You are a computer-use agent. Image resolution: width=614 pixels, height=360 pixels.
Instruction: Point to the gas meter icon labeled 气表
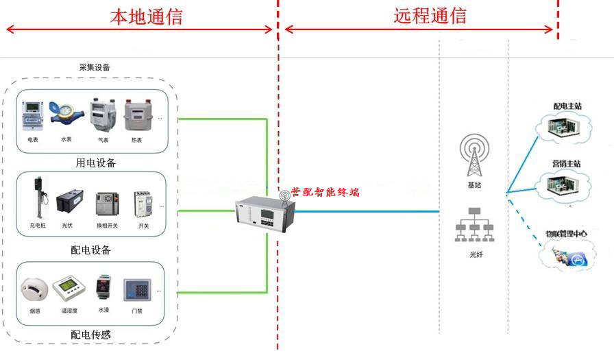pos(102,116)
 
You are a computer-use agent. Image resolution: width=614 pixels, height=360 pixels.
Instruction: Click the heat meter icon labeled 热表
pos(136,116)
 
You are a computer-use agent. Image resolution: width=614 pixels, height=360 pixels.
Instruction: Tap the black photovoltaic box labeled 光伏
pos(69,202)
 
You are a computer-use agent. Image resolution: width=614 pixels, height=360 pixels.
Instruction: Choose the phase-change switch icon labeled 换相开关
pos(107,204)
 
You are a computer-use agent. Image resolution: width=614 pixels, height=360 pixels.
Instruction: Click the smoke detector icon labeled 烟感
pos(34,289)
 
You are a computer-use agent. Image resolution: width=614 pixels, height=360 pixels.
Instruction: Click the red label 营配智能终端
pos(325,193)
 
